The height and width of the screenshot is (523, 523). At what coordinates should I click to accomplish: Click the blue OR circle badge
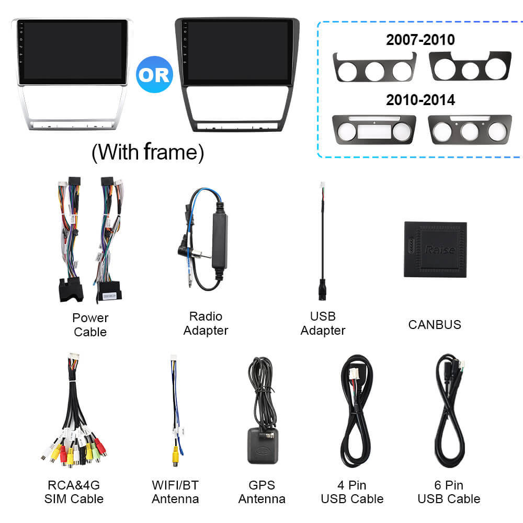click(154, 74)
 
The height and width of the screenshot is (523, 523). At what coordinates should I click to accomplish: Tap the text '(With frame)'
click(148, 152)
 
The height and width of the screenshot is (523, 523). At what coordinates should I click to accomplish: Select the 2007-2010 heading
click(420, 40)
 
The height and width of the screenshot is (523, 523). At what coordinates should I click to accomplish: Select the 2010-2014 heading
click(420, 100)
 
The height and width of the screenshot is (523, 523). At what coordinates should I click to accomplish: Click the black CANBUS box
click(435, 249)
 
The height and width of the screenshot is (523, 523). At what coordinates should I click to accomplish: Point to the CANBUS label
click(435, 325)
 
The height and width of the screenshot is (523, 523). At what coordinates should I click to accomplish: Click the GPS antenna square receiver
click(263, 446)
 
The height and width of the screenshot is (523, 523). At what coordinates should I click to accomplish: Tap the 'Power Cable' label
click(90, 325)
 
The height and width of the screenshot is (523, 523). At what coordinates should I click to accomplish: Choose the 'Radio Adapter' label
click(206, 323)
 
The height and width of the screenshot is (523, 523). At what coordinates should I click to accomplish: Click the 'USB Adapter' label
click(323, 323)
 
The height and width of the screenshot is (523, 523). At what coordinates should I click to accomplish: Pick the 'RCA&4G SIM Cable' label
click(74, 492)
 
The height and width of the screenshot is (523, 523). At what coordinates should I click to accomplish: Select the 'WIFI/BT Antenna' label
click(175, 492)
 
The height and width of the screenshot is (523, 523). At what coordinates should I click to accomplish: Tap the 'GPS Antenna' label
click(262, 492)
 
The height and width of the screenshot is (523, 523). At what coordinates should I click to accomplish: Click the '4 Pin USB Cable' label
click(352, 492)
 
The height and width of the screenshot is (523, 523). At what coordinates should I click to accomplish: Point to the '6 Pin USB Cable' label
click(449, 492)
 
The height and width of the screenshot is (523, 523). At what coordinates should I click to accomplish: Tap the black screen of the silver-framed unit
click(73, 52)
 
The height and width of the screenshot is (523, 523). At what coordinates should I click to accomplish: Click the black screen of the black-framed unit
click(236, 52)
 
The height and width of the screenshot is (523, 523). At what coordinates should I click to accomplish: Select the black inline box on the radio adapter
click(220, 240)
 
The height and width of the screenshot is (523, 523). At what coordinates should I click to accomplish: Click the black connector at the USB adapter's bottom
click(322, 290)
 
